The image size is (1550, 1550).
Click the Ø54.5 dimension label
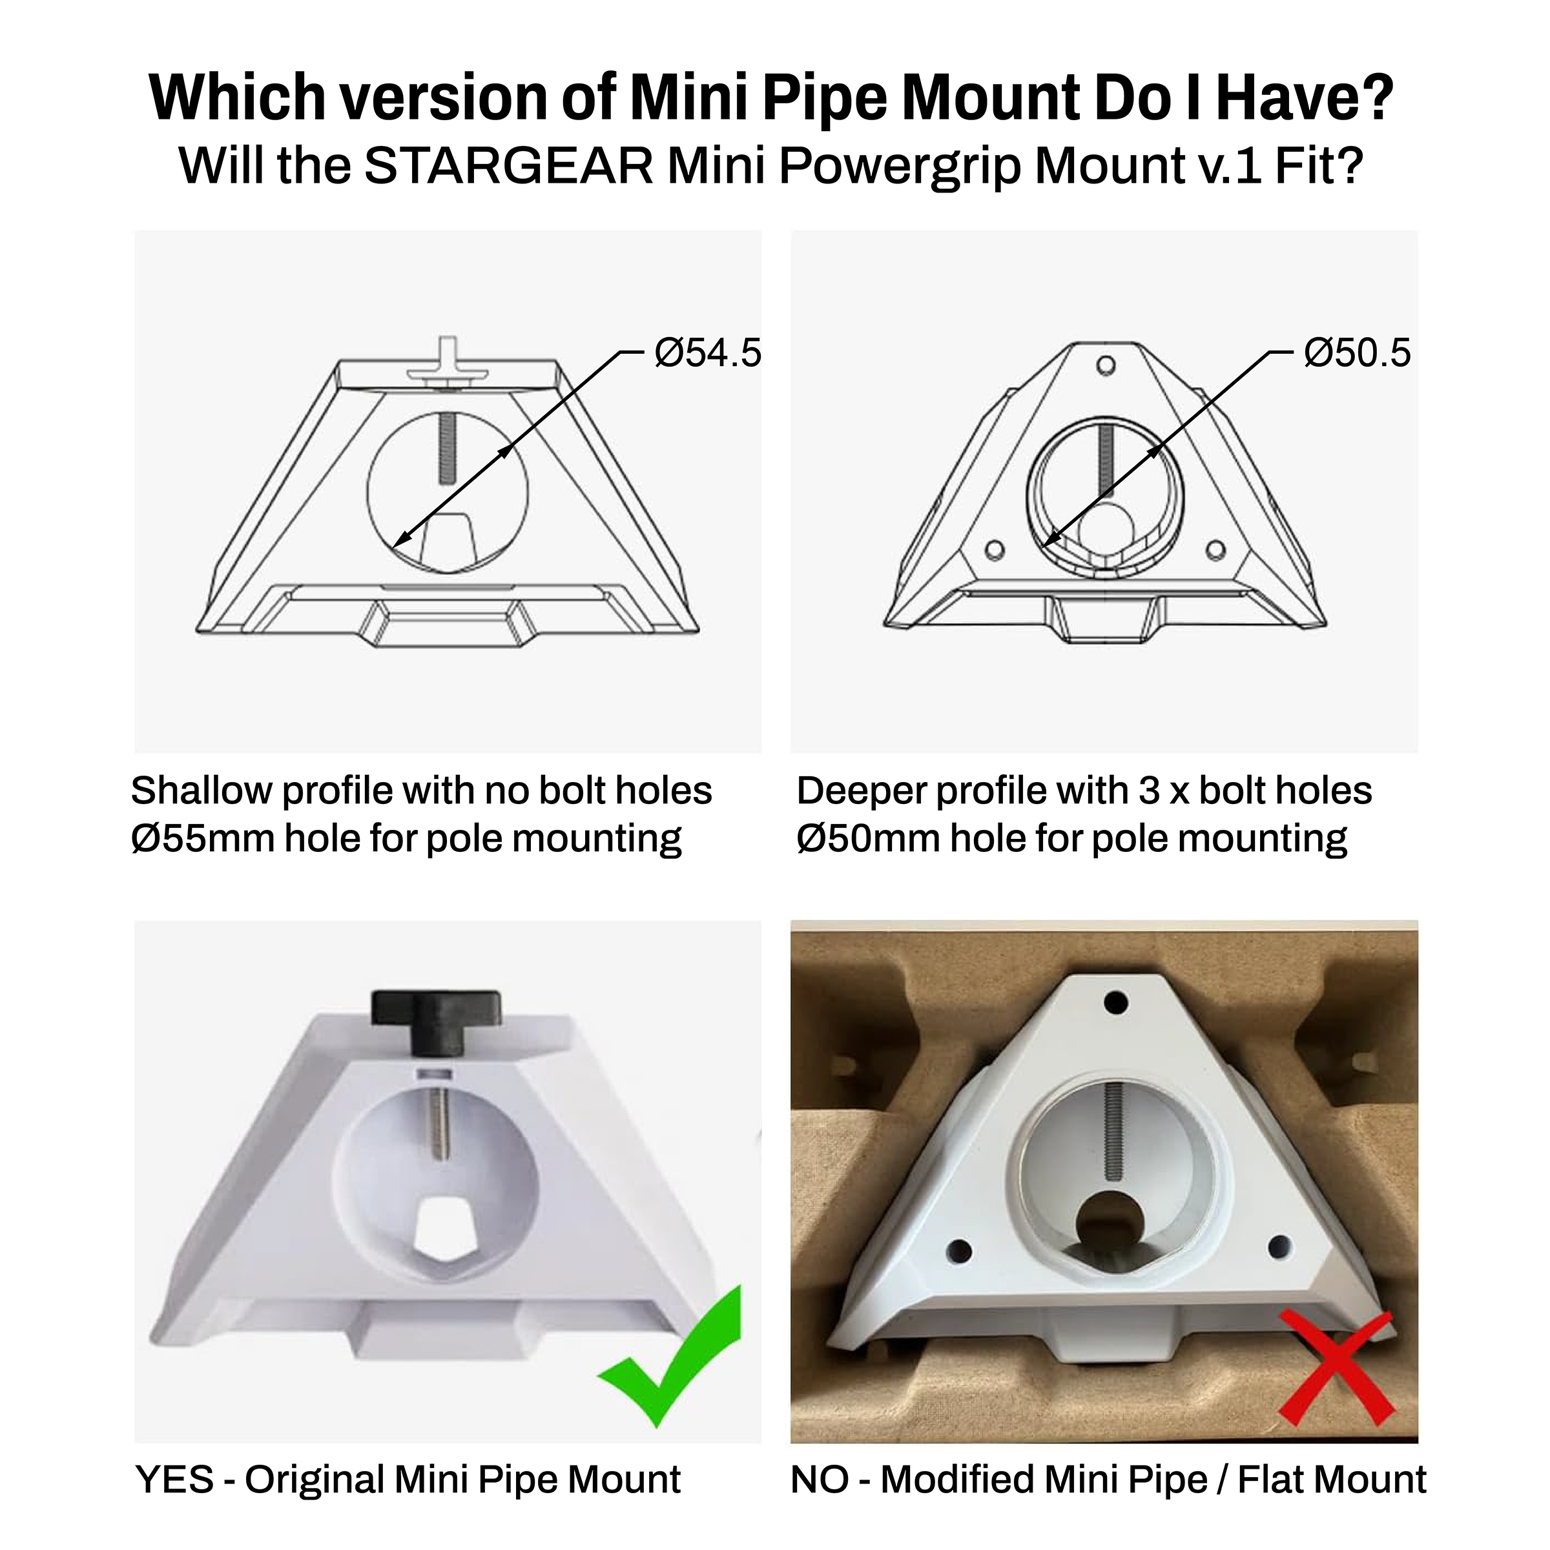708,353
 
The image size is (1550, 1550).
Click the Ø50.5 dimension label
1358,353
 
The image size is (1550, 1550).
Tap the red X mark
1336,1378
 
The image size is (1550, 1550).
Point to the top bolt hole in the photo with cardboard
1116,1002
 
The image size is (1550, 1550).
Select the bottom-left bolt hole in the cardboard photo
960,1251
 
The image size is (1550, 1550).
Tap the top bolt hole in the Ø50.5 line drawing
1106,365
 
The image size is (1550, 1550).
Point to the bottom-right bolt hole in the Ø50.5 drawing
1216,550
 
